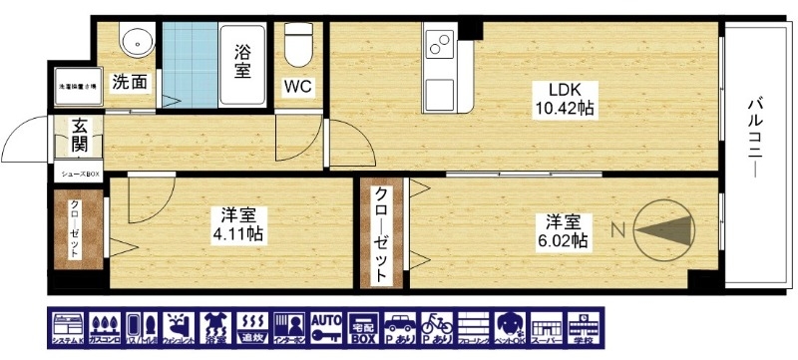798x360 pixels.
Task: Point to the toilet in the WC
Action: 297,46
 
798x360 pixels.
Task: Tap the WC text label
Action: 297,87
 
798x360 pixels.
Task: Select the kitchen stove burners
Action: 440,44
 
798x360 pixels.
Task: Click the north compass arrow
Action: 663,230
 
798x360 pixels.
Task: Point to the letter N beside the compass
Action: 618,231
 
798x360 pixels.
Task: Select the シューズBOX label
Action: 80,172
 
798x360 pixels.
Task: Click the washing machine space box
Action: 76,87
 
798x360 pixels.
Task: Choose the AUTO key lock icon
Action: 326,326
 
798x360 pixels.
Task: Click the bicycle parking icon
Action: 436,326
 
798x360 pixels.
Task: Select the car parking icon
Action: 400,326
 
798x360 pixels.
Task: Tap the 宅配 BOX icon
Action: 363,326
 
